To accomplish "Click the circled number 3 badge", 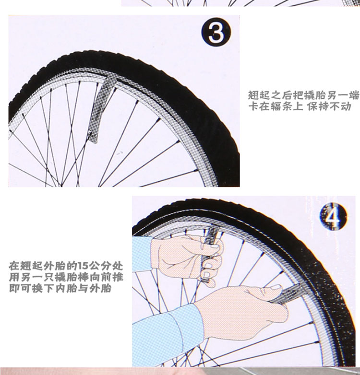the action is (216, 32).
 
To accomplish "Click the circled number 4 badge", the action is (333, 216).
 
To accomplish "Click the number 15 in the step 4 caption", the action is (84, 266).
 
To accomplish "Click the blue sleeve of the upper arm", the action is (142, 254).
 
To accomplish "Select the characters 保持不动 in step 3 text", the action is (329, 106).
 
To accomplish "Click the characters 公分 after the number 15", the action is (100, 266).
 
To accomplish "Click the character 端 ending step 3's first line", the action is (354, 95).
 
